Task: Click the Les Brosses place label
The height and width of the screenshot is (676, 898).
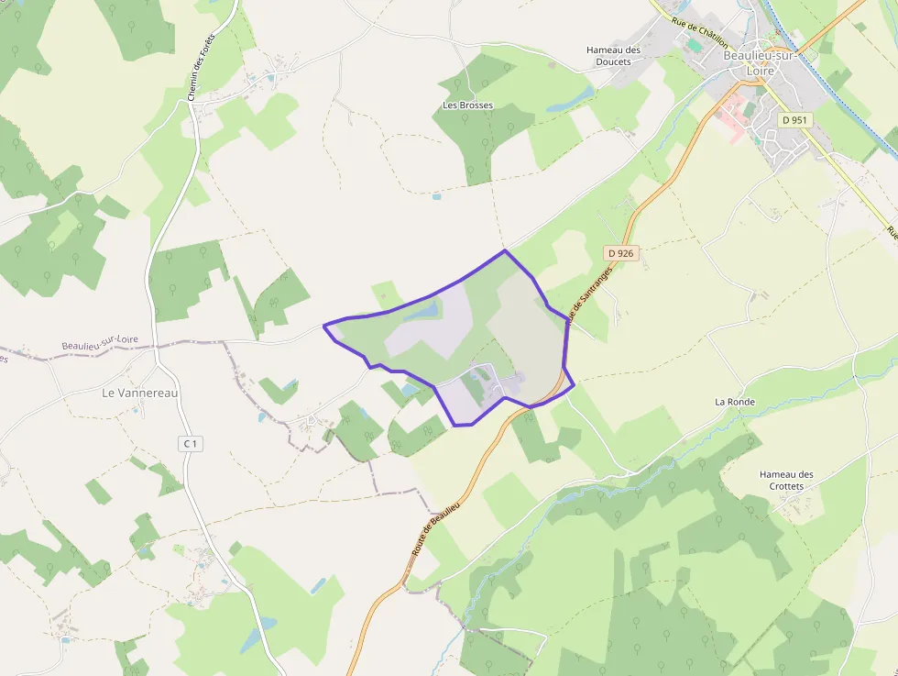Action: tap(467, 105)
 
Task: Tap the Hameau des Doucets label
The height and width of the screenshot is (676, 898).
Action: tap(613, 55)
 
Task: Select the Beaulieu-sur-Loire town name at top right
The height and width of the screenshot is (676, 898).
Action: tap(761, 61)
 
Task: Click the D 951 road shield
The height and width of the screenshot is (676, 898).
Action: tap(794, 120)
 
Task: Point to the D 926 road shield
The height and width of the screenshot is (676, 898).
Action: tap(620, 252)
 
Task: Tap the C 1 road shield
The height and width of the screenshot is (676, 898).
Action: tap(190, 444)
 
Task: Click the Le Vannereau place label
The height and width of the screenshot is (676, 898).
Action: tap(139, 393)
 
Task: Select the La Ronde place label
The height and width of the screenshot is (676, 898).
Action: tap(734, 402)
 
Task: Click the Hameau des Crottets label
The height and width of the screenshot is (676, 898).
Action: tap(786, 480)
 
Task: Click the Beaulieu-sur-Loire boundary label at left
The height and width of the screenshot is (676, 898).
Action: tap(100, 343)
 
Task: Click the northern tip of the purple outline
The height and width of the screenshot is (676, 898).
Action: tap(505, 250)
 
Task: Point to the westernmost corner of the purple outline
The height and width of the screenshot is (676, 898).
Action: tap(324, 326)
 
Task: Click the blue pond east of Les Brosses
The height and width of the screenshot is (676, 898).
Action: tap(570, 100)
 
